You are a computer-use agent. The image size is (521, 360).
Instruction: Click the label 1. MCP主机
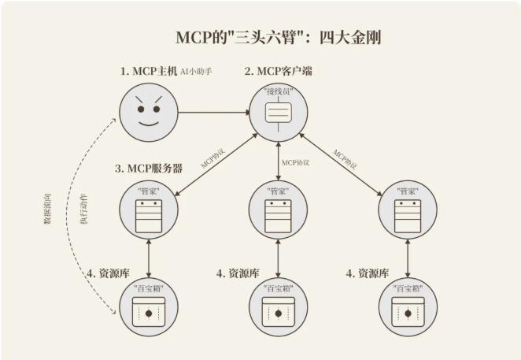(x=147, y=72)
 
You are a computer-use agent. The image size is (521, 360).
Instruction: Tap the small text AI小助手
(x=197, y=72)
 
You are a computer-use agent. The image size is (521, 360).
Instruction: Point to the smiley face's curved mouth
(x=147, y=124)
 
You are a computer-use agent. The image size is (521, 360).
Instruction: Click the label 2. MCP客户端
(x=279, y=72)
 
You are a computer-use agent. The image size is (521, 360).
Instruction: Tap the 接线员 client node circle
(x=278, y=113)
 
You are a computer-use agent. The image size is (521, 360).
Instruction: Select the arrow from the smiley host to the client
(x=212, y=113)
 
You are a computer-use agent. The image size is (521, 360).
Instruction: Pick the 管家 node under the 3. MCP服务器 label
(x=147, y=209)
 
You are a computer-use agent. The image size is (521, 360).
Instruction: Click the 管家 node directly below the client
(x=278, y=209)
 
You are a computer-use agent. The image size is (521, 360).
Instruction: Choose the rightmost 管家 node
(x=407, y=209)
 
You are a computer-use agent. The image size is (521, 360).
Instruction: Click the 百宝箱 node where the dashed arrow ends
(x=147, y=309)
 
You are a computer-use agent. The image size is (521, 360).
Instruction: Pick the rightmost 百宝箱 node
(x=407, y=309)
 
